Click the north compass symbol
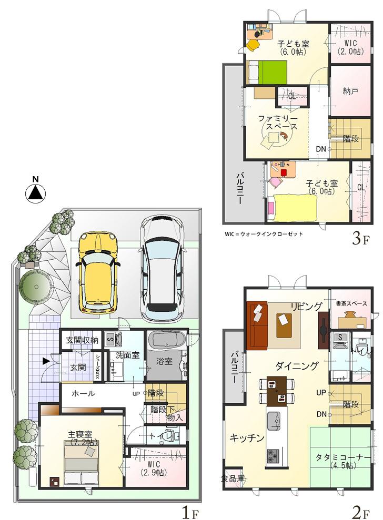[35, 192]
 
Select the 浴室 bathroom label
[164, 362]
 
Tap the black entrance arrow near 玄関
[46, 361]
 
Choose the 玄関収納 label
[82, 340]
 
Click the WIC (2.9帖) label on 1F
[154, 468]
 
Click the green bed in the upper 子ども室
[267, 72]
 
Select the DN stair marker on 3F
[321, 149]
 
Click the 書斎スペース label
[351, 303]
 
